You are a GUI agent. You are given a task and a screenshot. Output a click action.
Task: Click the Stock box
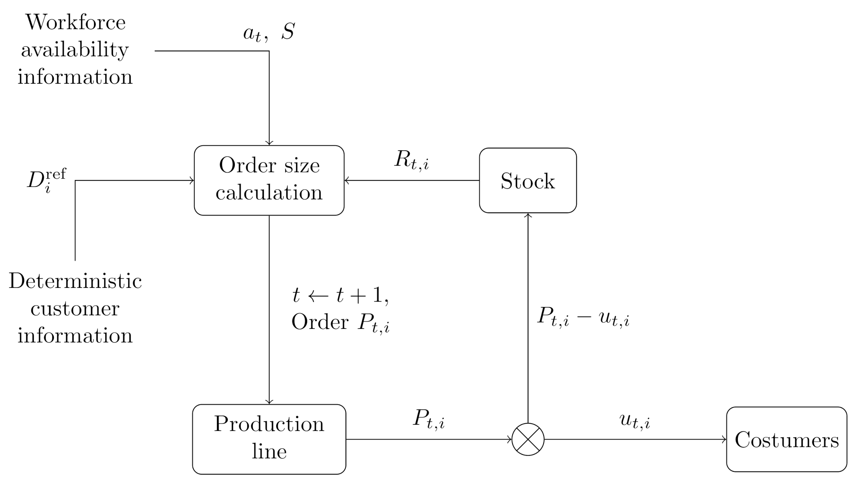(528, 180)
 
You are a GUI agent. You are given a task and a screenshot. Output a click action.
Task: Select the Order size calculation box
(269, 180)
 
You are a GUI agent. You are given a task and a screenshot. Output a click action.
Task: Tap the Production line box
(269, 439)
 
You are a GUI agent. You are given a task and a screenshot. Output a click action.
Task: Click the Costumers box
(787, 440)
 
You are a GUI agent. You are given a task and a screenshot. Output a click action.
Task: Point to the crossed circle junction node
(528, 440)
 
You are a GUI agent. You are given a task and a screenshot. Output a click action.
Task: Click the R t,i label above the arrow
(411, 160)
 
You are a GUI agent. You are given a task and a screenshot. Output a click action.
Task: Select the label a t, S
(269, 32)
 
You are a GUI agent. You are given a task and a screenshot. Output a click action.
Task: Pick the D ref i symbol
(46, 180)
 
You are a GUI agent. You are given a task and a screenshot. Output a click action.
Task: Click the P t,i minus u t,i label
(583, 316)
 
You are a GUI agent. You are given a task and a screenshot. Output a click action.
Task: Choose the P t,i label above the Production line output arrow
(429, 419)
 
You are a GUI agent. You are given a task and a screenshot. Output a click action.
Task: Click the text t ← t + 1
(340, 295)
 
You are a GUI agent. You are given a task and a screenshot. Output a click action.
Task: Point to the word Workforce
(75, 22)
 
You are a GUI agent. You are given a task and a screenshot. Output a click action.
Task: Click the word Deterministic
(75, 281)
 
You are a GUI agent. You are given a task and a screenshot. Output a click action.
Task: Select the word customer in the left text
(75, 309)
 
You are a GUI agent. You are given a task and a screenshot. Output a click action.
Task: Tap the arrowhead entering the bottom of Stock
(528, 215)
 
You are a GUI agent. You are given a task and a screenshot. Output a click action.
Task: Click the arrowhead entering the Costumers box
(724, 440)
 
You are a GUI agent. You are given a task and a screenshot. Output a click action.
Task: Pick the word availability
(75, 50)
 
